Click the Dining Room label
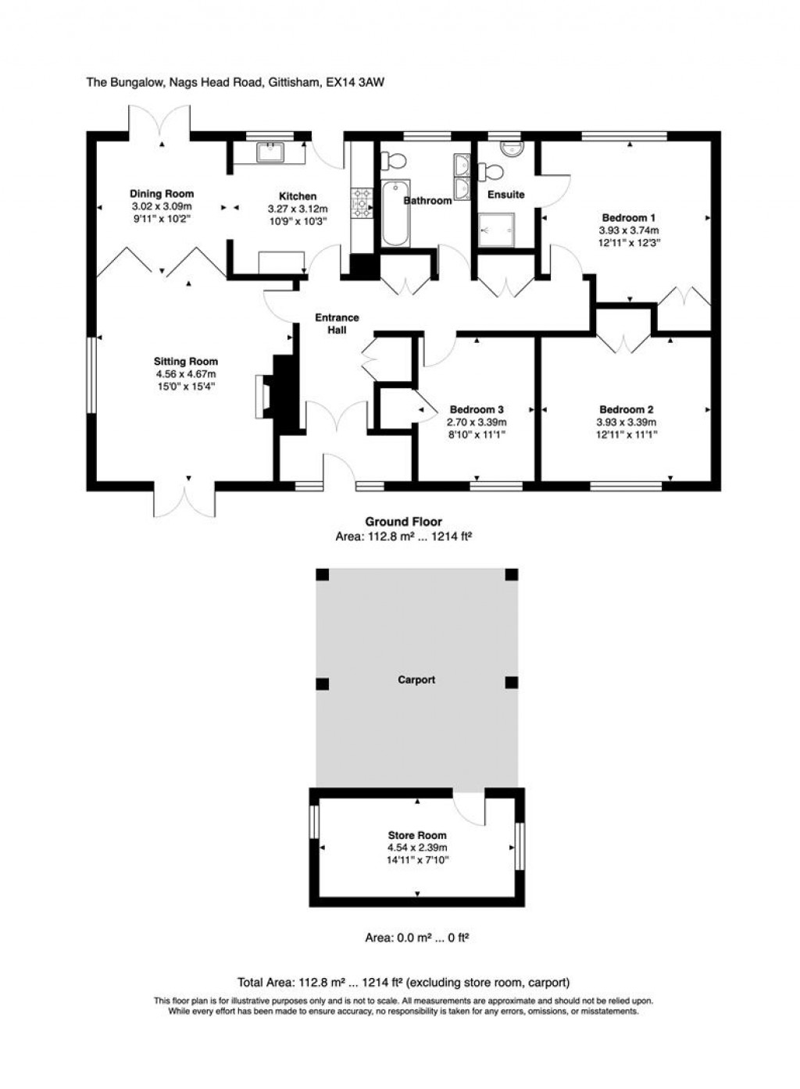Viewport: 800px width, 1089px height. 161,194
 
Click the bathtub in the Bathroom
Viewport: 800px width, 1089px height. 395,213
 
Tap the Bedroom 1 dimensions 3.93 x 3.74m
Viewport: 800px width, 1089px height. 628,230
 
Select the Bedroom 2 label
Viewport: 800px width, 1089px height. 626,409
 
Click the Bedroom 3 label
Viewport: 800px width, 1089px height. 476,409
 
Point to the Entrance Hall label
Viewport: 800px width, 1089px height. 337,323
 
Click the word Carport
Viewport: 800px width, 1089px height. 416,680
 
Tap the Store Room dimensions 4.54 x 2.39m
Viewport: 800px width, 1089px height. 417,848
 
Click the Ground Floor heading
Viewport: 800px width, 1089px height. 403,522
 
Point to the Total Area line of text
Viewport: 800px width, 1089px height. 403,982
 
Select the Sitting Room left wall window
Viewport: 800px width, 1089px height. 91,374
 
